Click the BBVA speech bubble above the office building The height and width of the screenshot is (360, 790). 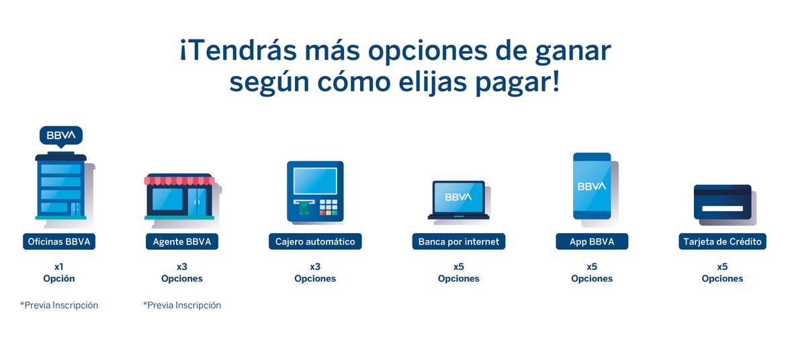(61, 135)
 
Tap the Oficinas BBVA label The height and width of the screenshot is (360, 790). (58, 242)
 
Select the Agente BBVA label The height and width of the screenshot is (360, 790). (181, 242)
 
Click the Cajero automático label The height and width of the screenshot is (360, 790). (315, 242)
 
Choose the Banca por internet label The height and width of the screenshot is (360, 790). (458, 242)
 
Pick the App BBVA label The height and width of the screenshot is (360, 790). (592, 242)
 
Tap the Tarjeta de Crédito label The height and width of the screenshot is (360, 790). (722, 242)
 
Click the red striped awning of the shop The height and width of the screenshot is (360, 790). (180, 180)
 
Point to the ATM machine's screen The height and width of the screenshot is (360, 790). (315, 179)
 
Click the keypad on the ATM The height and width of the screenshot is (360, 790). (328, 206)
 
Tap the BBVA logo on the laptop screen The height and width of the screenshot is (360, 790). (458, 197)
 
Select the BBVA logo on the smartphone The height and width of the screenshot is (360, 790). (592, 186)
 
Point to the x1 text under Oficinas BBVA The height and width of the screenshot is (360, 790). (59, 266)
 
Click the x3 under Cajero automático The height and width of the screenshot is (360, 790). (315, 266)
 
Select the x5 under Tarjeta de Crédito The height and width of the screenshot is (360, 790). (722, 266)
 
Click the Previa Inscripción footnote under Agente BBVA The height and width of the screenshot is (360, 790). (182, 305)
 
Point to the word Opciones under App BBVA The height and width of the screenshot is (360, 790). (592, 279)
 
